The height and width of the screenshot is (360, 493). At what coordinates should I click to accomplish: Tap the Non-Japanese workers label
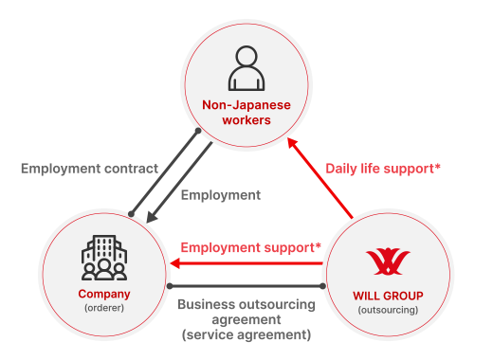coord(246,113)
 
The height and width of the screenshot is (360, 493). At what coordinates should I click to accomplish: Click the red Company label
coord(104,293)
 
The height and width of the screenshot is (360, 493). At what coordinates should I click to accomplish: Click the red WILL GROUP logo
coord(388,259)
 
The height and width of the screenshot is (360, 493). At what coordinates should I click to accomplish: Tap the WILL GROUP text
coord(388,296)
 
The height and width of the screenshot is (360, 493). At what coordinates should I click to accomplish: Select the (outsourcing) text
coord(388,310)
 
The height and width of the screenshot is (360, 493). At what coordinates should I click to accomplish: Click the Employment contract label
coord(89,169)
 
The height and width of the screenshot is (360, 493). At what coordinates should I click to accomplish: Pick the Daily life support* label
coord(382,169)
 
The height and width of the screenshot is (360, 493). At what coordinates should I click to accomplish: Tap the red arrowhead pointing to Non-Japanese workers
coord(293,144)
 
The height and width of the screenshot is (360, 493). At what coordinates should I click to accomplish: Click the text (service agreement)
coord(246,334)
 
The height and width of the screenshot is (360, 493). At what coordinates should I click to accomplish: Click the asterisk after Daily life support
coord(437,167)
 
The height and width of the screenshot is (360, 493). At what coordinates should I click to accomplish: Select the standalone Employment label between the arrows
coord(220,195)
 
